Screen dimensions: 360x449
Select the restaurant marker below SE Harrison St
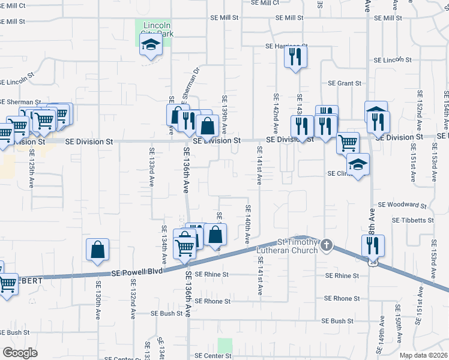click(x=295, y=56)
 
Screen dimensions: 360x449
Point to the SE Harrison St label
click(x=286, y=46)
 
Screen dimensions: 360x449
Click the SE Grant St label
click(x=345, y=83)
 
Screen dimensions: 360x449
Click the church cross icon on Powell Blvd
click(x=326, y=245)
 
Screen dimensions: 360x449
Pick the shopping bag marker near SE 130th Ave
click(x=98, y=250)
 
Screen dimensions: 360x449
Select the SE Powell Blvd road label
click(x=137, y=272)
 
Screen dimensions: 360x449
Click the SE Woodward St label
click(x=402, y=205)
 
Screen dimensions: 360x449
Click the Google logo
click(x=20, y=353)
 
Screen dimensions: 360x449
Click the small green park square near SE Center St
click(x=225, y=346)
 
